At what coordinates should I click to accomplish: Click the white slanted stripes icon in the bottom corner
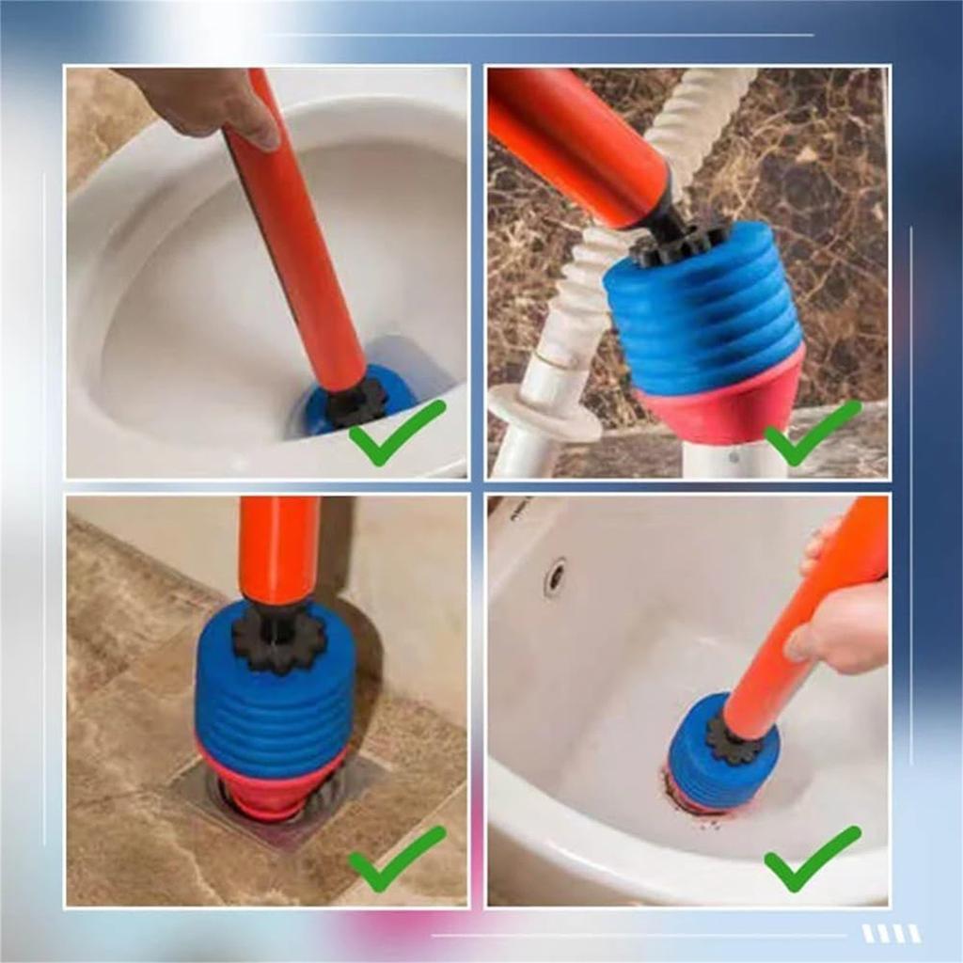(x=891, y=933)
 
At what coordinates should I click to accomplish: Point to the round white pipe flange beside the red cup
(x=545, y=414)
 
